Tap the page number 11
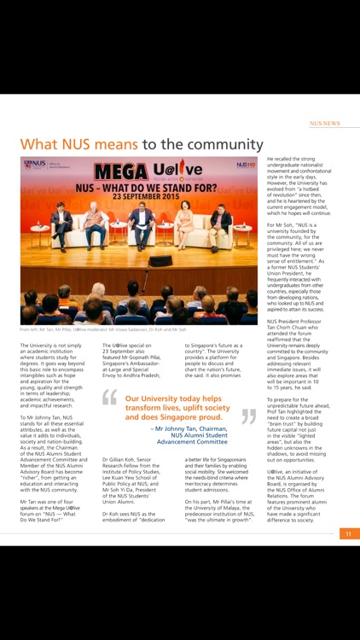coord(348,533)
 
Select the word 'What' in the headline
coord(39,143)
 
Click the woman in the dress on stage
coord(183,226)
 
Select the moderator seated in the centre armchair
coord(141,224)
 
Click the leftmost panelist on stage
coord(61,224)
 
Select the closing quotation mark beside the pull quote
coord(248,416)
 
